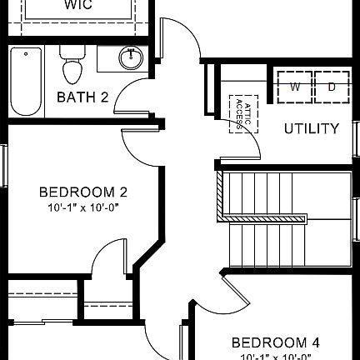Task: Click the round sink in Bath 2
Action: [x=131, y=58]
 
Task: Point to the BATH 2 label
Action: [x=82, y=97]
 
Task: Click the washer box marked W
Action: [x=296, y=87]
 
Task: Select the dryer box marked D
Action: [x=331, y=87]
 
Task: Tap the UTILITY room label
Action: [x=311, y=128]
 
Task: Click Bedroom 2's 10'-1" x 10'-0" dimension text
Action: [x=82, y=208]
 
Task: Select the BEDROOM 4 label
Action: [x=275, y=342]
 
